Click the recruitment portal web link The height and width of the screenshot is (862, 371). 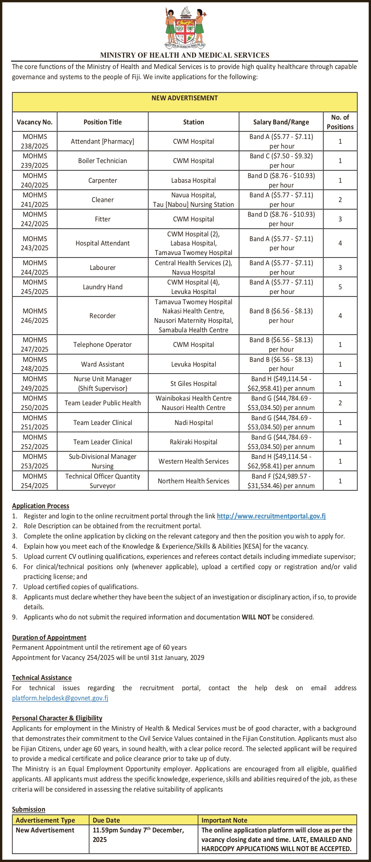271,516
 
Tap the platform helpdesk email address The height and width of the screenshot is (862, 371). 60,698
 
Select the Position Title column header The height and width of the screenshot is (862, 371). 103,122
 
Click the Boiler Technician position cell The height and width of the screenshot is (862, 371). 103,161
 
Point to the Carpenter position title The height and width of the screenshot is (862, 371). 103,181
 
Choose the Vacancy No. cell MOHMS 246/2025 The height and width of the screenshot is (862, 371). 35,316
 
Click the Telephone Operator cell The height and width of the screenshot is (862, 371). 103,345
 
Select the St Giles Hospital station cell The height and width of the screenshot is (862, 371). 194,384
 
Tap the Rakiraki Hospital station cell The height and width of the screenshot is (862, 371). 194,442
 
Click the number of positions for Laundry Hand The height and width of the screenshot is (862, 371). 340,287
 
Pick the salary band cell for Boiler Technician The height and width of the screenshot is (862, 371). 281,161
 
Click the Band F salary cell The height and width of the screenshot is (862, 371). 281,481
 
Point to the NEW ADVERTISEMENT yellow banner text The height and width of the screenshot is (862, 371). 185,98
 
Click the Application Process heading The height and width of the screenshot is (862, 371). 41,506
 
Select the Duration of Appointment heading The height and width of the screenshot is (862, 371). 49,638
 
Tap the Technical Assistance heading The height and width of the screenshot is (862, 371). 42,678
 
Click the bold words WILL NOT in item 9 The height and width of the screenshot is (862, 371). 256,617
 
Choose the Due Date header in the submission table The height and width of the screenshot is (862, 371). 106,820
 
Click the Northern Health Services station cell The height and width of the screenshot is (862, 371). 194,481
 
